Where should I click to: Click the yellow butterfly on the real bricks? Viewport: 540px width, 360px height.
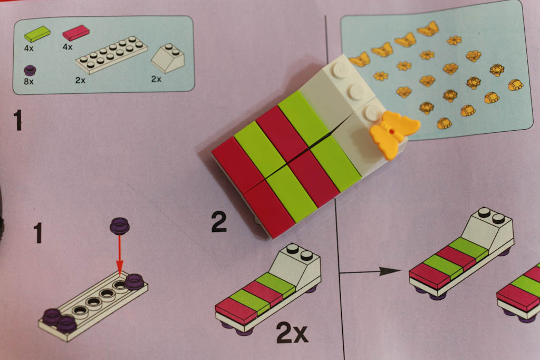[394, 133]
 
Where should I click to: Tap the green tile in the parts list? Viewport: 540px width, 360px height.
[37, 34]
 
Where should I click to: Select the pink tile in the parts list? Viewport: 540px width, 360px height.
[76, 32]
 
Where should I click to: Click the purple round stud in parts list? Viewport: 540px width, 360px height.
[30, 70]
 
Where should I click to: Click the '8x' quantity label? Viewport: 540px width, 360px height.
[28, 82]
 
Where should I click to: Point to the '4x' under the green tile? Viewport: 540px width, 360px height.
[28, 48]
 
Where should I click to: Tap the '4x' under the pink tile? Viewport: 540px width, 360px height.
[67, 47]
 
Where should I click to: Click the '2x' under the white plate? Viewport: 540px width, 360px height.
[80, 80]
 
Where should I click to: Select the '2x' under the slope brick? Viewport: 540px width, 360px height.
[156, 79]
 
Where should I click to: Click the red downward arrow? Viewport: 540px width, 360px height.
[120, 255]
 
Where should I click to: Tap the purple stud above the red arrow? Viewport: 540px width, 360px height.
[120, 226]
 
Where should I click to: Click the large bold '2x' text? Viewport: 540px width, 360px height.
[292, 333]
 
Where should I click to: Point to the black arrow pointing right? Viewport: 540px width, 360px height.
[370, 271]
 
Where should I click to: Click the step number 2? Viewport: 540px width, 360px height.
[219, 222]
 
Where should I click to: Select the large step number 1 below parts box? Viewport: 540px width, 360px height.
[18, 120]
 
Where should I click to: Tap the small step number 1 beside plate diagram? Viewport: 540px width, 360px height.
[37, 232]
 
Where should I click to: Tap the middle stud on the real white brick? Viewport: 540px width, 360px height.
[357, 91]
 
